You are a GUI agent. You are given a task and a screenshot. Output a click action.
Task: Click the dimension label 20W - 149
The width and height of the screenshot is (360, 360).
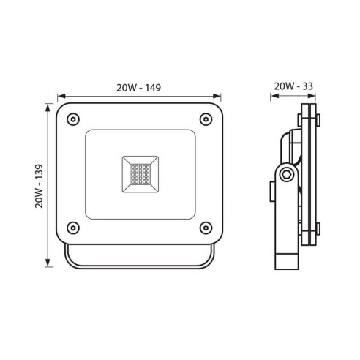(138, 88)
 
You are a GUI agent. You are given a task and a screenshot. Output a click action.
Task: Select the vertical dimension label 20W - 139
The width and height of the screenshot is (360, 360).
(39, 186)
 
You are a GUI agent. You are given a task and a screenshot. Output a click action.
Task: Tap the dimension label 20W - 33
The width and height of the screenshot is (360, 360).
(293, 86)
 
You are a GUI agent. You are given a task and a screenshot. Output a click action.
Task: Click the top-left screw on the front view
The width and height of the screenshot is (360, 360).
(73, 119)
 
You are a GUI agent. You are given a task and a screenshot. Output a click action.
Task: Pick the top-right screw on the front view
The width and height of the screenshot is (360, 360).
(206, 119)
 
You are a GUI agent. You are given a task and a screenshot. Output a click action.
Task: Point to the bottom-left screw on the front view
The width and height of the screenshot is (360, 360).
(73, 228)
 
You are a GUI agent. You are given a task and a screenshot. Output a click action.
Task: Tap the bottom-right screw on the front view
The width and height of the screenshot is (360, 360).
(206, 228)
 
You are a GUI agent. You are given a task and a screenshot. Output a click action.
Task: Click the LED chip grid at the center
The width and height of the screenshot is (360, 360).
(140, 174)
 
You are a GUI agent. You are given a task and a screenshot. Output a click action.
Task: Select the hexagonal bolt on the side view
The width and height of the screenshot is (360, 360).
(286, 175)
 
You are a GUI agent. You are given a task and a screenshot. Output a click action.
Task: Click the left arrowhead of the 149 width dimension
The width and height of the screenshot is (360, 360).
(61, 96)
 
